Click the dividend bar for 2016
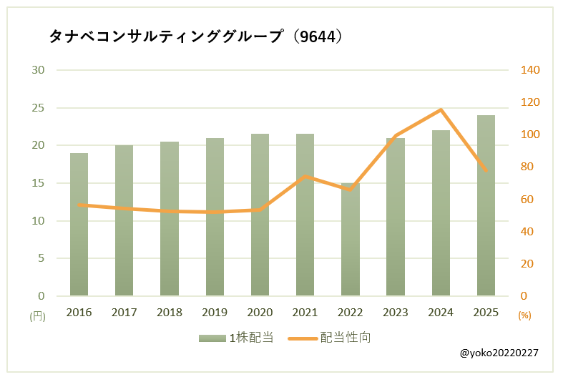coord(79,225)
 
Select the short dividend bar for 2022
coord(350,240)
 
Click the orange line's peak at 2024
coord(441,109)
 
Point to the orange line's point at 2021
coord(305,176)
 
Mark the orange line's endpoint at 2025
coord(486,171)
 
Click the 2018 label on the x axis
coord(170,313)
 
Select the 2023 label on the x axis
coord(396,313)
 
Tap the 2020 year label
coord(260,313)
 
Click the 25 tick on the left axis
coord(38,108)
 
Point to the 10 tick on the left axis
coord(38,221)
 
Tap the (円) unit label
coord(37,315)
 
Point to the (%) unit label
coord(524,315)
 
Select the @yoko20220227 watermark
coord(499,353)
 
